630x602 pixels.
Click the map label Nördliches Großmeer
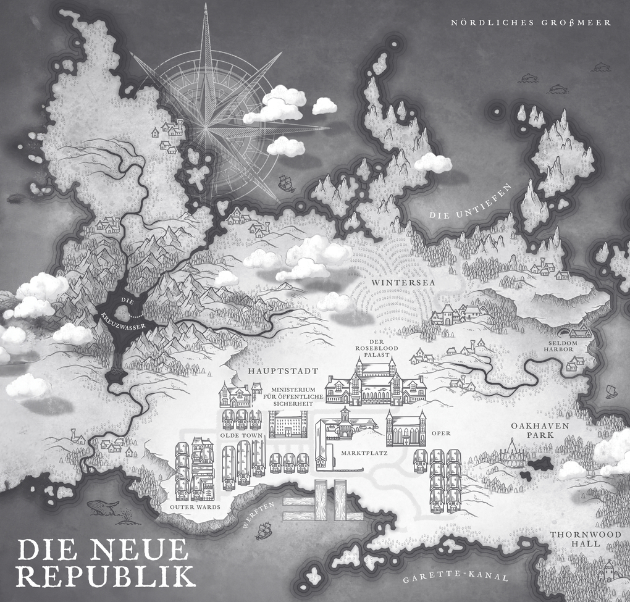(x=531, y=23)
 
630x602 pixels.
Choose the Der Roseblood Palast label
(x=377, y=349)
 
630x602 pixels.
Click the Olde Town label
(x=246, y=436)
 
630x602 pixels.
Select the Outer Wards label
(x=195, y=506)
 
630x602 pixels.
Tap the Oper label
(x=442, y=433)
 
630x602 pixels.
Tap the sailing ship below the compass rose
(x=285, y=182)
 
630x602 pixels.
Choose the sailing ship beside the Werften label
(x=264, y=529)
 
